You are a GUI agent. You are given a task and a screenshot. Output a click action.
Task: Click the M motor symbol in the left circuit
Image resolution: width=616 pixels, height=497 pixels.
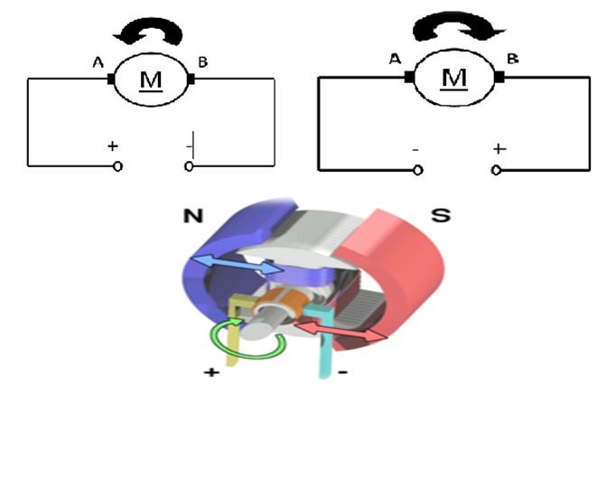click(151, 80)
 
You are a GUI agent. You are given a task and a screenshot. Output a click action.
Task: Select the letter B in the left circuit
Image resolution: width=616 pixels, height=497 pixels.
click(203, 61)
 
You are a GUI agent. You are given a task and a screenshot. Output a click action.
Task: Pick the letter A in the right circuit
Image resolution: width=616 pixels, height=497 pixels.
click(395, 60)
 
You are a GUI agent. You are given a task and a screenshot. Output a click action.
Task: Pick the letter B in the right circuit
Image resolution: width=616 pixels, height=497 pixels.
click(512, 59)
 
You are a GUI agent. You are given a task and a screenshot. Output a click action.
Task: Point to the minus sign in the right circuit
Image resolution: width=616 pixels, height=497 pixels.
click(415, 147)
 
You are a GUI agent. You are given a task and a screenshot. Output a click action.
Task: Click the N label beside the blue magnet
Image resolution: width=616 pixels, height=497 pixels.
click(193, 217)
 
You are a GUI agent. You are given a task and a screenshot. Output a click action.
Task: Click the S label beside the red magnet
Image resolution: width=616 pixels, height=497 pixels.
click(440, 217)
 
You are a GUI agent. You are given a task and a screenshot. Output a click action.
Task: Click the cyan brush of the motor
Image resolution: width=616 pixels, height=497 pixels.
click(320, 348)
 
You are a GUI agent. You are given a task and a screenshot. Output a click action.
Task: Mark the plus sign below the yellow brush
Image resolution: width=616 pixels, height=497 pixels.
click(212, 371)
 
